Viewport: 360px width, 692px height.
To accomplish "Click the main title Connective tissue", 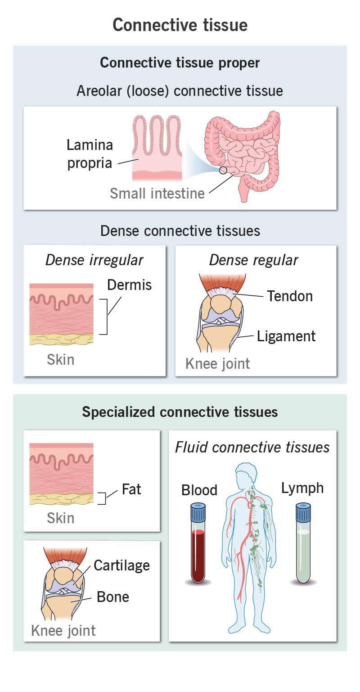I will click(180, 25).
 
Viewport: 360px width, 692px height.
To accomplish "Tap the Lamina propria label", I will click(90, 154).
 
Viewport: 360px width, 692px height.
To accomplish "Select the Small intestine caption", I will click(157, 193).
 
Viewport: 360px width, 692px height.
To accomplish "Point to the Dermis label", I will click(130, 285).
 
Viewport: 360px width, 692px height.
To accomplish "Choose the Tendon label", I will click(290, 296).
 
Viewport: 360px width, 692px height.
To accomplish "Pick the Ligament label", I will click(286, 336).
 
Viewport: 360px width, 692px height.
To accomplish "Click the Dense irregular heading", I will click(94, 260).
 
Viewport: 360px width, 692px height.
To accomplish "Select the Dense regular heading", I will click(254, 260).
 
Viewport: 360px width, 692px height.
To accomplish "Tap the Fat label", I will click(131, 489).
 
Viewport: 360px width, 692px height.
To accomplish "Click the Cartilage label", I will click(122, 565).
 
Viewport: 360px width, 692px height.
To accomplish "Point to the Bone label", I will click(113, 597).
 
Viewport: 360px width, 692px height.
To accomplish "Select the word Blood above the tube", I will click(199, 490).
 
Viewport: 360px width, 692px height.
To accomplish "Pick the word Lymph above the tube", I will click(302, 488).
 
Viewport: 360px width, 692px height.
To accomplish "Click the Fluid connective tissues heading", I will click(252, 447).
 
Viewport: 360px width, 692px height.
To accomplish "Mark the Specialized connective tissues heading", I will click(180, 412).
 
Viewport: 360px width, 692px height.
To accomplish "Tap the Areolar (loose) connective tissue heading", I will click(180, 90).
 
